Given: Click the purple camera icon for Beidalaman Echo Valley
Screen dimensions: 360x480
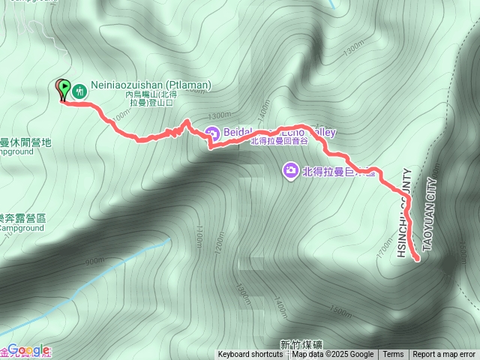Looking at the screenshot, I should pos(212,133).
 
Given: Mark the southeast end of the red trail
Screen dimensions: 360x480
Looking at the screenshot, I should pos(417,260).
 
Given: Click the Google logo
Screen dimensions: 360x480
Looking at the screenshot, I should pos(28,350).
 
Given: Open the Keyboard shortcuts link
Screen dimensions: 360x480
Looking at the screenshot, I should pos(250,355).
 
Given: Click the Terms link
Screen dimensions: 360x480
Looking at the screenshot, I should pos(393,355).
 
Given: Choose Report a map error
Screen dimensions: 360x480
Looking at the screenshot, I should pos(444,355).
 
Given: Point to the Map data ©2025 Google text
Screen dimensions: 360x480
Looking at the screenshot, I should pos(333,355).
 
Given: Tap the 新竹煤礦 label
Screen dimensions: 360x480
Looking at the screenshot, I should pos(298,344).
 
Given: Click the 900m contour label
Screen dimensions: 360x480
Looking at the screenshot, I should pos(95,261).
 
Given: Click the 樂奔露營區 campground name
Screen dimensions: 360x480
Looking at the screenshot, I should pos(22,217).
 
